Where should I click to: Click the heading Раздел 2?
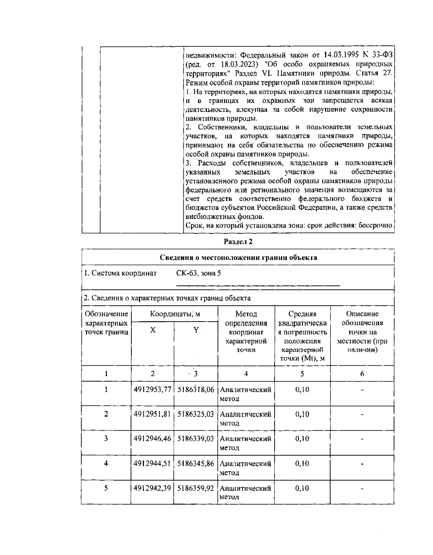pyautogui.click(x=238, y=242)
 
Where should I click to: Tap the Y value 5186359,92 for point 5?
pyautogui.click(x=196, y=488)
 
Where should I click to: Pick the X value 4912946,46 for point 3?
pyautogui.click(x=152, y=439)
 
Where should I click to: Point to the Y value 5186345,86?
pyautogui.click(x=196, y=463)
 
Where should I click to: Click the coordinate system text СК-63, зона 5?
pyautogui.click(x=198, y=273)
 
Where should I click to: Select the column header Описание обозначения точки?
pyautogui.click(x=362, y=332)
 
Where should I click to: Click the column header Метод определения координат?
pyautogui.click(x=246, y=332)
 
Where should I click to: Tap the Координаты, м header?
pyautogui.click(x=175, y=314)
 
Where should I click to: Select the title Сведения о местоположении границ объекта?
pyautogui.click(x=238, y=258)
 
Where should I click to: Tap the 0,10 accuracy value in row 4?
pyautogui.click(x=302, y=463)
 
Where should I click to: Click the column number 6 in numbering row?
pyautogui.click(x=362, y=374)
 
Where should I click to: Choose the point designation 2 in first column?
pyautogui.click(x=106, y=414)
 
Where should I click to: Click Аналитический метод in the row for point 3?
pyautogui.click(x=245, y=443)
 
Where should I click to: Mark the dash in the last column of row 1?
pyautogui.click(x=362, y=390)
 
